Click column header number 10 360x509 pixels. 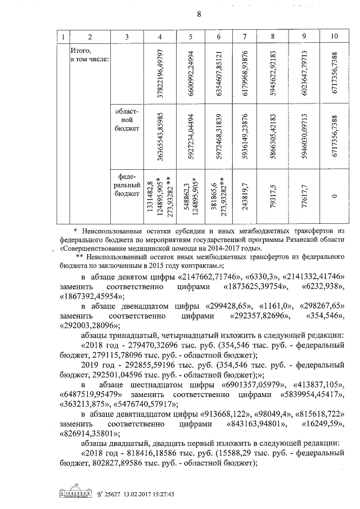(x=334, y=37)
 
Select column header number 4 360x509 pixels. (x=160, y=37)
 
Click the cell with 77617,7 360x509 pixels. (x=304, y=200)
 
